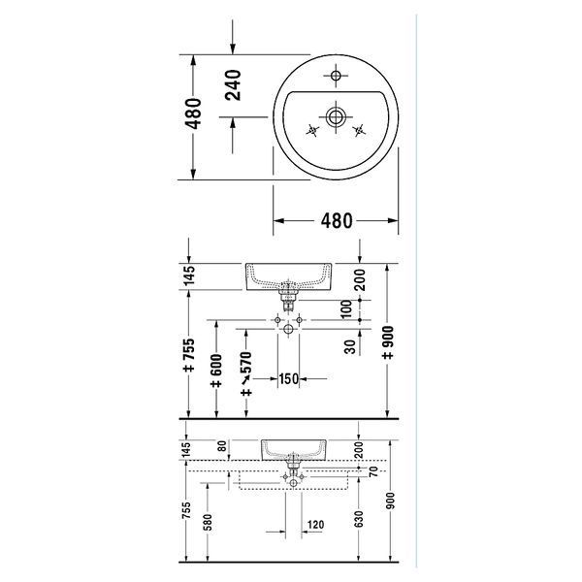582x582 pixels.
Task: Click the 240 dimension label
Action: point(233,85)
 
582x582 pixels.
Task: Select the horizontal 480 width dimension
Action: point(337,221)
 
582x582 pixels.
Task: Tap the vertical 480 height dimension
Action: point(193,113)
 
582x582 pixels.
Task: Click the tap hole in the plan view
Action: point(336,76)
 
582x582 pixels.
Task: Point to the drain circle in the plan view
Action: point(336,117)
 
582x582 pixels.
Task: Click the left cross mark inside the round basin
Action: point(312,130)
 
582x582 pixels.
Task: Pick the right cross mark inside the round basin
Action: point(359,130)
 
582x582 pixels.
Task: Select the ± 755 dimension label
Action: point(189,355)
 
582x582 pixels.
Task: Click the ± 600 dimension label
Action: point(216,371)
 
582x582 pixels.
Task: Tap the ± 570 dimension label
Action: point(246,374)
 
